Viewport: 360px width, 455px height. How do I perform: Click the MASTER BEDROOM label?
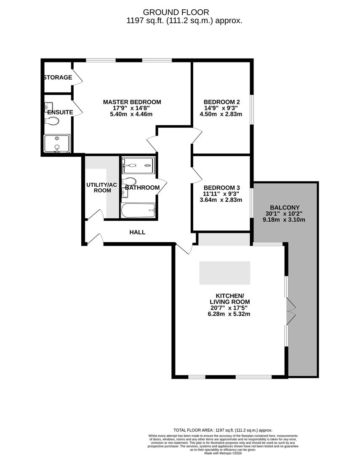tap(132, 102)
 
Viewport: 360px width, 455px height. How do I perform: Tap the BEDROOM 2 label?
tap(221, 102)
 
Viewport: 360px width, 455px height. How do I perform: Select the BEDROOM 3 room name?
tap(221, 187)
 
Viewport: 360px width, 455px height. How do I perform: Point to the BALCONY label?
tap(285, 207)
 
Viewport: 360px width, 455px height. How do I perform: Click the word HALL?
tap(137, 232)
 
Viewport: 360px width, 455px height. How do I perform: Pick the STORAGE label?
tap(58, 78)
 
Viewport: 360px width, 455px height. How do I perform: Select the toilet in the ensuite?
tap(52, 121)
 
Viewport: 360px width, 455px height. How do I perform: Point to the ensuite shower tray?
tap(57, 143)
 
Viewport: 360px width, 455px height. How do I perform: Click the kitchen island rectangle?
tap(224, 272)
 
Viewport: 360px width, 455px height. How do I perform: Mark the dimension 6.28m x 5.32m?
tap(229, 314)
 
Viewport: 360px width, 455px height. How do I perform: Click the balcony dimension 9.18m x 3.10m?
tap(285, 219)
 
